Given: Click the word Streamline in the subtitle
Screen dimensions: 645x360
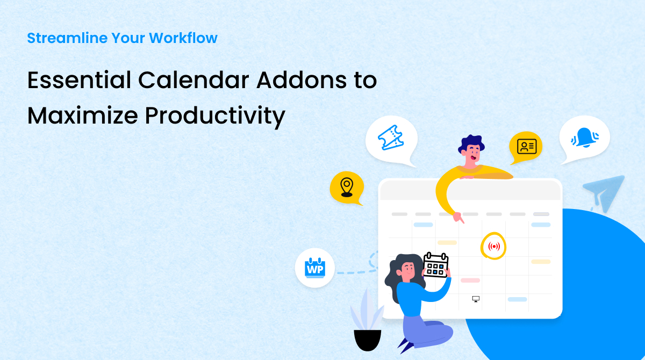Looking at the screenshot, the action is tap(67, 38).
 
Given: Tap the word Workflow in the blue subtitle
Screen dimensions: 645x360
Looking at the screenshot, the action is tap(183, 38).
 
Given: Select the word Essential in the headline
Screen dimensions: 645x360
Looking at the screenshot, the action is tap(79, 80).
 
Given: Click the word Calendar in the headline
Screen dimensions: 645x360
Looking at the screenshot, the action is tap(193, 80).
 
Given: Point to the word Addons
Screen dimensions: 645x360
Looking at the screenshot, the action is tap(302, 80).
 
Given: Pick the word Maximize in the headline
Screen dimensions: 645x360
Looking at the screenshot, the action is tap(83, 116).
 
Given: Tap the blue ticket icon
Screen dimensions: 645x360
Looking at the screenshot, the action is tap(390, 138).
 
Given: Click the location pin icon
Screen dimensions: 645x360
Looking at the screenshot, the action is tap(347, 188).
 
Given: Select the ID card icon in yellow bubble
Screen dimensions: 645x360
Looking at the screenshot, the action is tap(527, 147).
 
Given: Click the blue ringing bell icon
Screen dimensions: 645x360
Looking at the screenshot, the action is tap(585, 138).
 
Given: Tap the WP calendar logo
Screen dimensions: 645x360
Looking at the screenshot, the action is tap(315, 268).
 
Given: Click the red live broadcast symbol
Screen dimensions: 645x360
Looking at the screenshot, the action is tap(494, 246).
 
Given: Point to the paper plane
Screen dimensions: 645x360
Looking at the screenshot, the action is tap(605, 192).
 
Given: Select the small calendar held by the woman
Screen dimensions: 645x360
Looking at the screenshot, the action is tap(436, 265).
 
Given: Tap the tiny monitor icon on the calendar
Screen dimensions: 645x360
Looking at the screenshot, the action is tap(476, 299).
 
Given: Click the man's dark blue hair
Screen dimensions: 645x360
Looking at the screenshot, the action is tap(470, 142).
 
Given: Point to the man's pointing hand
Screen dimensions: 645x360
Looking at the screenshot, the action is tap(458, 218).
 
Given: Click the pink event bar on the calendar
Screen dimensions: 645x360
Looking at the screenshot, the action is tap(470, 280).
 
